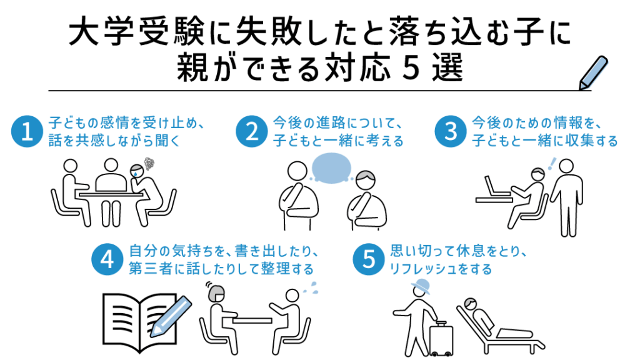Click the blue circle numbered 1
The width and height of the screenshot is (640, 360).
coord(27,131)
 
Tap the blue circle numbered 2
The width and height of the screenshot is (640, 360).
coord(251,131)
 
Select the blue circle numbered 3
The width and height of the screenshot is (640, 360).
coord(451,131)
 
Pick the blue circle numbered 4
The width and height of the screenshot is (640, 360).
coord(107,259)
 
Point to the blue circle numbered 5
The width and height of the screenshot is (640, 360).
coord(369,259)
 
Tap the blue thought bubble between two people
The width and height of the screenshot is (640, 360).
coord(331,168)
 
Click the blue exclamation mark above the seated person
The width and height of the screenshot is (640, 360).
coord(552,163)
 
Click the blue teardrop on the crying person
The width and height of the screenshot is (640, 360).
coord(134,173)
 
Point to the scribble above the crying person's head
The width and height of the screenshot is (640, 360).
coord(149,164)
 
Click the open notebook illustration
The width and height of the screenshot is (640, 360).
coord(139,322)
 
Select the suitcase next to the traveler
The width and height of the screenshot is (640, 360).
coord(441,338)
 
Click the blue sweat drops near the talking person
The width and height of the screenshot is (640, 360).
coord(311,288)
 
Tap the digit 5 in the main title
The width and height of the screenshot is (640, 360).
coord(411,67)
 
